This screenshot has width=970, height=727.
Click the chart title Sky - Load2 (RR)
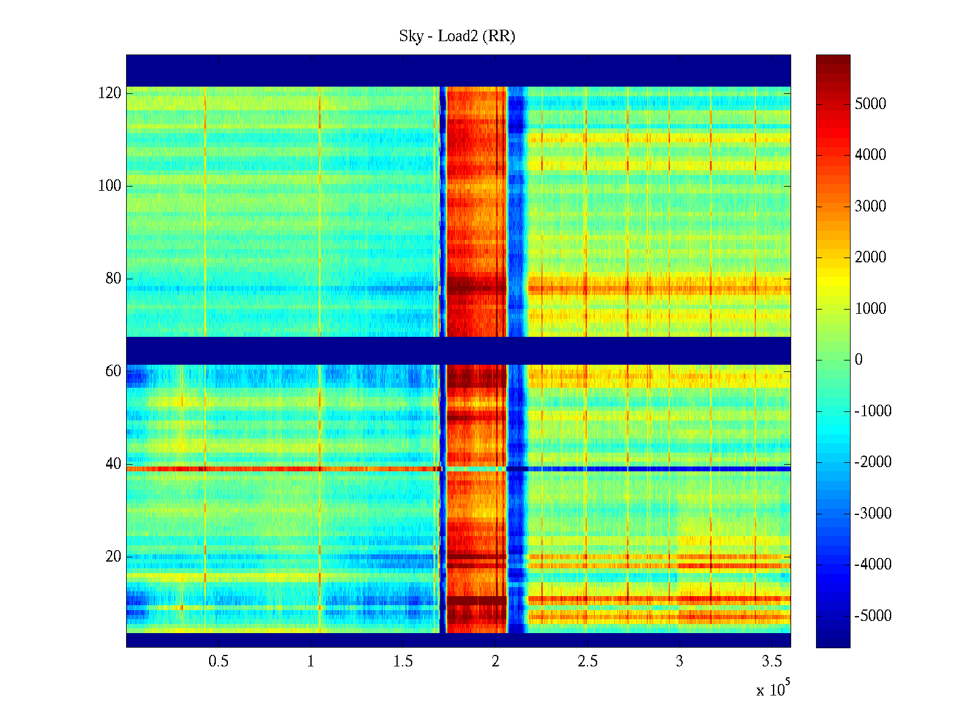click(x=457, y=36)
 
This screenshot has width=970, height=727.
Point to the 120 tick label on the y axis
click(x=110, y=93)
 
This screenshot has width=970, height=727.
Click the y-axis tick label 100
click(x=110, y=186)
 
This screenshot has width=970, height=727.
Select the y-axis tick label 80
click(x=113, y=279)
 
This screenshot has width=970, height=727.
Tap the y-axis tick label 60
click(x=113, y=371)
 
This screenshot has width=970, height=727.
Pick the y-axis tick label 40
click(x=113, y=464)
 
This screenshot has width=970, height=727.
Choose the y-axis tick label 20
click(x=113, y=557)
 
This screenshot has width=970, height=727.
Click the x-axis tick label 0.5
click(x=218, y=662)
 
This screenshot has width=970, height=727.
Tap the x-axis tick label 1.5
click(x=403, y=662)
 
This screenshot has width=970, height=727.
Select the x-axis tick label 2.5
click(x=587, y=662)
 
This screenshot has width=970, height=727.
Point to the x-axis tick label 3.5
click(x=772, y=662)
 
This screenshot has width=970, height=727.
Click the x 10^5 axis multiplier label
click(x=773, y=689)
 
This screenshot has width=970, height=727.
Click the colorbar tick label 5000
click(x=871, y=104)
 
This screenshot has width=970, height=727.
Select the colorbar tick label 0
click(x=858, y=360)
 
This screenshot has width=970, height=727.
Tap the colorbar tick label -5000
click(x=873, y=616)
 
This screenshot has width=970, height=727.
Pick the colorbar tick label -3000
click(x=873, y=514)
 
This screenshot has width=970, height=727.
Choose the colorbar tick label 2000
click(x=871, y=257)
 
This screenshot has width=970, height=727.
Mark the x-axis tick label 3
click(x=680, y=662)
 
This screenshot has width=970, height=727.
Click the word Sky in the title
click(x=410, y=36)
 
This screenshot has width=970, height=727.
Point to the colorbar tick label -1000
click(x=873, y=411)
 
